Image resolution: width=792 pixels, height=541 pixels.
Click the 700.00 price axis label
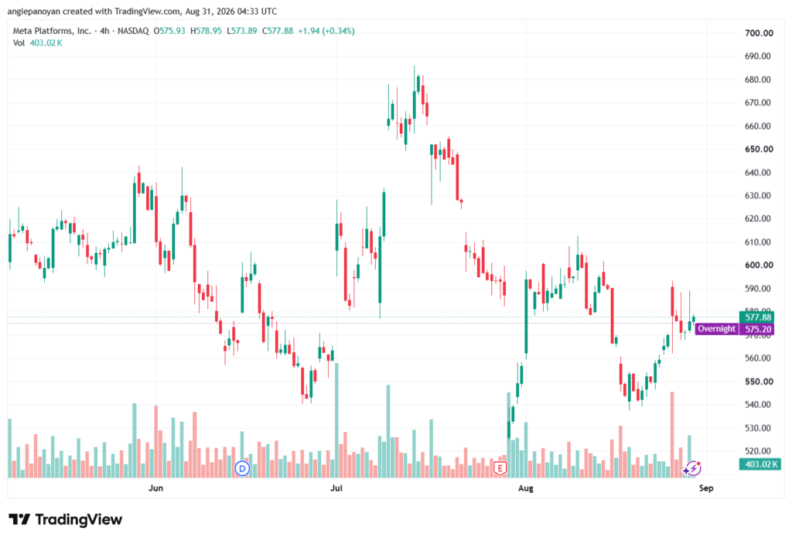tap(759, 33)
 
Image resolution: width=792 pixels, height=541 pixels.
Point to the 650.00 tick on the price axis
tap(759, 149)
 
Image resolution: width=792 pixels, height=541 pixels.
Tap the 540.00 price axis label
tap(758, 405)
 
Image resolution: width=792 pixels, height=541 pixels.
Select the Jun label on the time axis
tap(155, 488)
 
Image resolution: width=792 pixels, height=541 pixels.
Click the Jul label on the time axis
tap(336, 488)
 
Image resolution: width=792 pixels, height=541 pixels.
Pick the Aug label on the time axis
tap(526, 488)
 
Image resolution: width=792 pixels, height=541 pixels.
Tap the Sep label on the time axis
tap(706, 488)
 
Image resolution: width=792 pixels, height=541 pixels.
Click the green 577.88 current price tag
tap(756, 317)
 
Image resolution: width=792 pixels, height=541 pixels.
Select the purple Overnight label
tap(716, 329)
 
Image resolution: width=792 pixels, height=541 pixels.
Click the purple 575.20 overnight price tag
tap(756, 329)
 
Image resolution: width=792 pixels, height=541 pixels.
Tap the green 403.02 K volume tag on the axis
tap(760, 464)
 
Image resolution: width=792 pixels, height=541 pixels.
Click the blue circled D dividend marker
tap(242, 469)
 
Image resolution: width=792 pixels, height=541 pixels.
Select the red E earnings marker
tap(500, 468)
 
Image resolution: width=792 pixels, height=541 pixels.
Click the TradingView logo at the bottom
tap(66, 519)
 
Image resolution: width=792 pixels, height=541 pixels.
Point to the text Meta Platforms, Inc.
tap(52, 31)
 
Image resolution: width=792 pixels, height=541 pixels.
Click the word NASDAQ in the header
tap(133, 31)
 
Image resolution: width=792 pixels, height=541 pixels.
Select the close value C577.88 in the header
tap(278, 31)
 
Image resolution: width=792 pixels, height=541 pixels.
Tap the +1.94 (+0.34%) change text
tap(326, 31)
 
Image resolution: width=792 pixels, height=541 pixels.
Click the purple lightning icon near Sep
tap(694, 467)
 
